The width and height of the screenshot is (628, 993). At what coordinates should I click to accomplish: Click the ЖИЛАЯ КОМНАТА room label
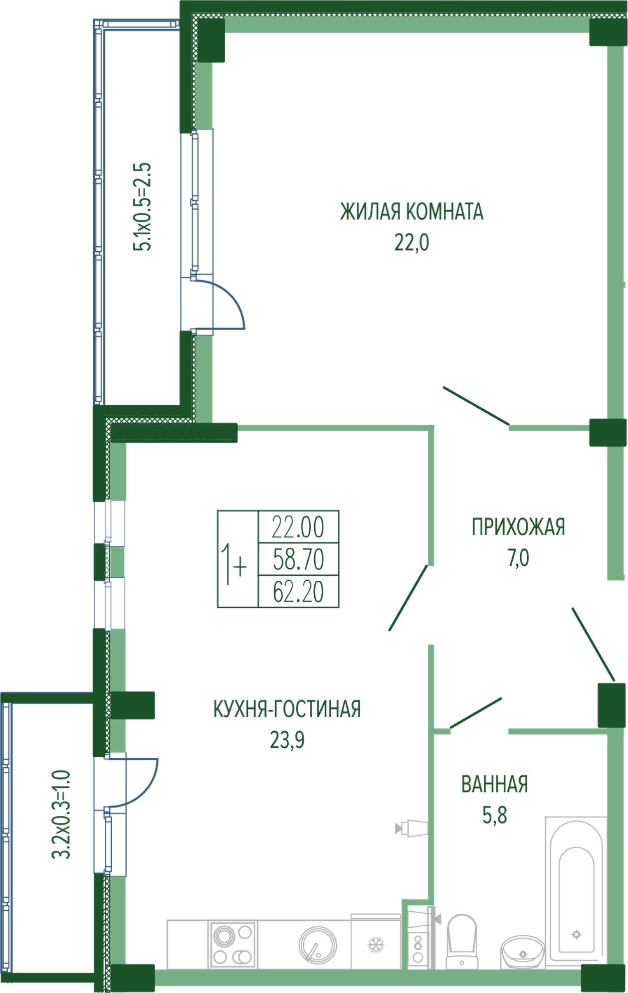point(411,212)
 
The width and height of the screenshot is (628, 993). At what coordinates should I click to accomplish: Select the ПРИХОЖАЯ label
point(518,527)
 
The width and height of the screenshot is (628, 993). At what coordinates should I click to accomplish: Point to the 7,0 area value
point(518,558)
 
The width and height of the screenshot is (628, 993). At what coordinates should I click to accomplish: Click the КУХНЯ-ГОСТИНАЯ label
point(287,709)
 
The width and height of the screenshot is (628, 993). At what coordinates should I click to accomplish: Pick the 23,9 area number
point(287,740)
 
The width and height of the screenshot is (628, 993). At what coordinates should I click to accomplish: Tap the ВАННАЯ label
point(494,784)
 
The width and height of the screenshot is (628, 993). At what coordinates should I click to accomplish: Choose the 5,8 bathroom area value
point(495,815)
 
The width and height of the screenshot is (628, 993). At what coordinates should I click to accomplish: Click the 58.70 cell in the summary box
point(298,559)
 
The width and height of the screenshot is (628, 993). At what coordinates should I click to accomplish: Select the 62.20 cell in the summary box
point(298,591)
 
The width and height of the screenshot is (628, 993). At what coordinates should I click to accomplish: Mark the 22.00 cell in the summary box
point(298,527)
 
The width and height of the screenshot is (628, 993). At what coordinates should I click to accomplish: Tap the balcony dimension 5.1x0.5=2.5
point(141,207)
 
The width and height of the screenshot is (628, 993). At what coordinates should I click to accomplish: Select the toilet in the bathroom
point(462,941)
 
